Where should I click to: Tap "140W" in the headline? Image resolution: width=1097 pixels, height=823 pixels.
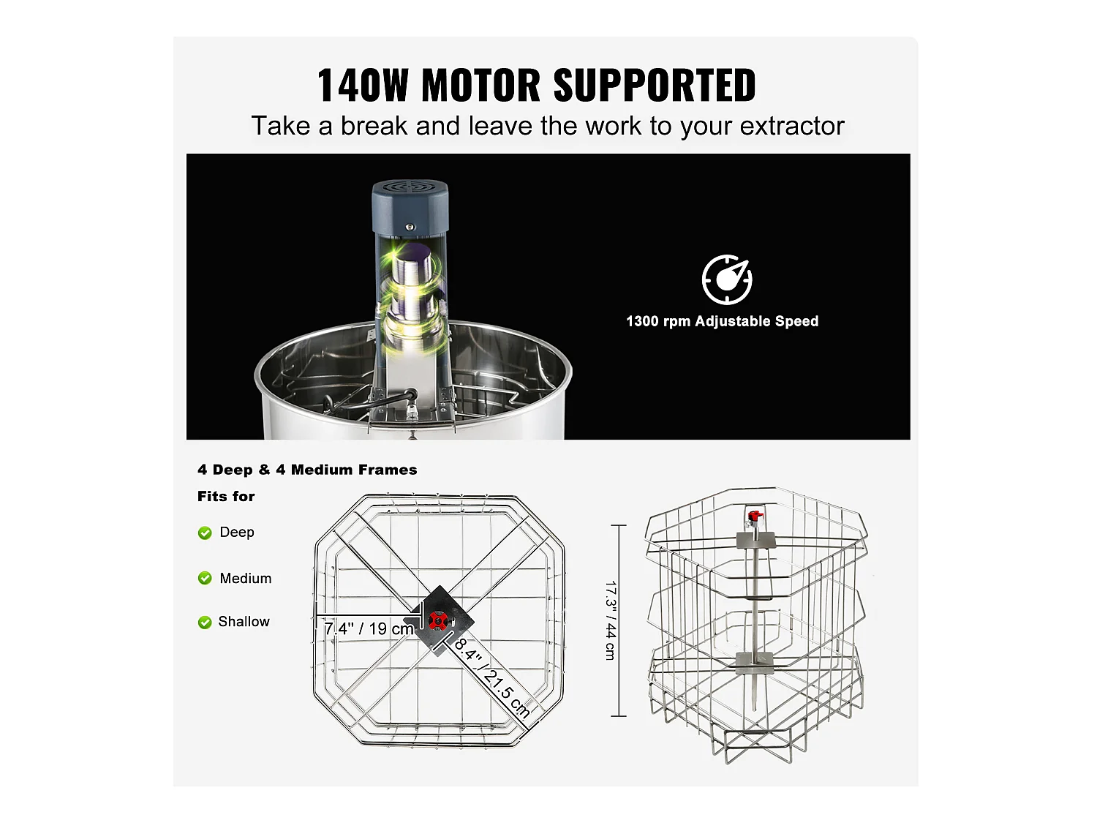(362, 86)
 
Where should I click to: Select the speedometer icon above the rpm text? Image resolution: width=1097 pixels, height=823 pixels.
(727, 279)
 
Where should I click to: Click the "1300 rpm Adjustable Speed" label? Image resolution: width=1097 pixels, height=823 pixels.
(722, 321)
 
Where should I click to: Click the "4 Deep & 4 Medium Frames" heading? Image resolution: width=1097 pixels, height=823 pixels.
(307, 470)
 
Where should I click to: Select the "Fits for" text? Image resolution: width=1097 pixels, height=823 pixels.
(226, 496)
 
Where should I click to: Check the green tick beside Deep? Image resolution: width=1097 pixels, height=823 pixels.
(205, 533)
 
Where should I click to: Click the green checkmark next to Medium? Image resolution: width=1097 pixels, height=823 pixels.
(205, 578)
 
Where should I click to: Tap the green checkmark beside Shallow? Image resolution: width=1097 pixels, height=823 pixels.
(205, 622)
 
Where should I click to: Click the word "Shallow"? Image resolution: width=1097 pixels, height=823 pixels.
(244, 621)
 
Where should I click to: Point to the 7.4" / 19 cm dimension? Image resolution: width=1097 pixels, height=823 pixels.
(369, 628)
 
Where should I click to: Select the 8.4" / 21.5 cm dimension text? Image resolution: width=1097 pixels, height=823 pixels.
(491, 677)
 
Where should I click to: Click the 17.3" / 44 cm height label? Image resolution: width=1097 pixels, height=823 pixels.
(611, 620)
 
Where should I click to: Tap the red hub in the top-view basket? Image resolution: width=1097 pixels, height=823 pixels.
(438, 621)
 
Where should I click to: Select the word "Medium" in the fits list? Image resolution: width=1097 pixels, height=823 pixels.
(245, 578)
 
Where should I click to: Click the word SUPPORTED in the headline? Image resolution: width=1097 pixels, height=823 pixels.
(655, 86)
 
